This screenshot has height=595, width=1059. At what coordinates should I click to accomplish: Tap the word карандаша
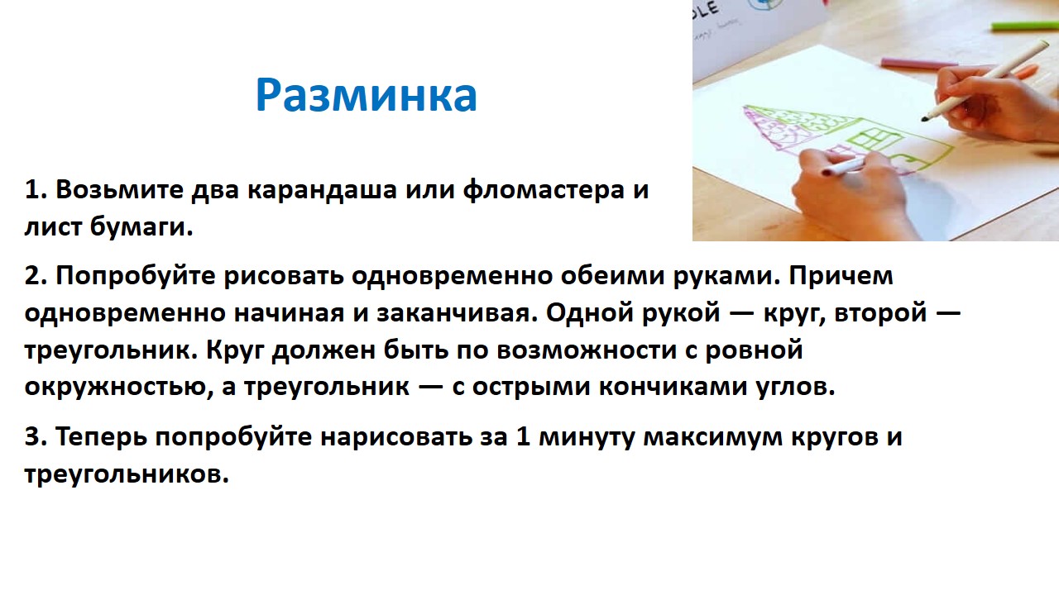(322, 190)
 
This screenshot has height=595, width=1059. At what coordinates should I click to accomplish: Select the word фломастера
(544, 191)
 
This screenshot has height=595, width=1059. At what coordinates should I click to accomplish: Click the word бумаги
(141, 227)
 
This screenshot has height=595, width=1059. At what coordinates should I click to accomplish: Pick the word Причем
(841, 276)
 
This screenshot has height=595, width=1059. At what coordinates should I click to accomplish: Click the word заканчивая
(458, 313)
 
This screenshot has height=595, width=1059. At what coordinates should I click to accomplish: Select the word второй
(880, 313)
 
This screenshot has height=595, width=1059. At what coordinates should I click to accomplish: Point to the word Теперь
(101, 437)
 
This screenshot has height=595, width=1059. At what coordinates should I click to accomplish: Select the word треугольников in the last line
(127, 474)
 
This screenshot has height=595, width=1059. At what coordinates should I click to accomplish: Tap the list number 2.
(36, 275)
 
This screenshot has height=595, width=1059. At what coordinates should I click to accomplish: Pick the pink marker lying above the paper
(918, 64)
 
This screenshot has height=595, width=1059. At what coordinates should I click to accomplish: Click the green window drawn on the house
(873, 140)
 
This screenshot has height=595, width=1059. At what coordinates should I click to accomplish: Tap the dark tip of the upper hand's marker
(925, 118)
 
